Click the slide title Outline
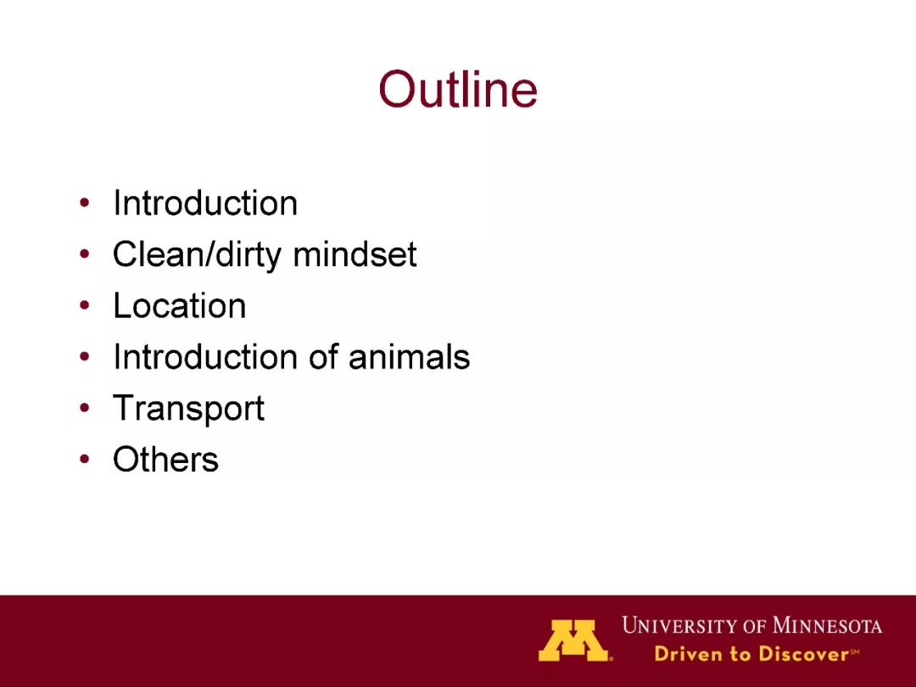tap(458, 89)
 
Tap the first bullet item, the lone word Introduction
tap(205, 203)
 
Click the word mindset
tap(355, 254)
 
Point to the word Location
tap(179, 305)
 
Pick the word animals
tap(409, 356)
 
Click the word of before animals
tap(324, 356)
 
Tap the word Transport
tap(188, 408)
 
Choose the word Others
tap(165, 459)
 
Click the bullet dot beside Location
tap(85, 305)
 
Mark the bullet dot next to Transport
tap(85, 408)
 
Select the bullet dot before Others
tap(85, 459)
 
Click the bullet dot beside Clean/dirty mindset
tap(85, 254)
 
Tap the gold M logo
tap(573, 640)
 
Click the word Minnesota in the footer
tap(827, 626)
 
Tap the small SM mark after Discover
tap(855, 651)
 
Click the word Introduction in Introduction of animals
tap(205, 356)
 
